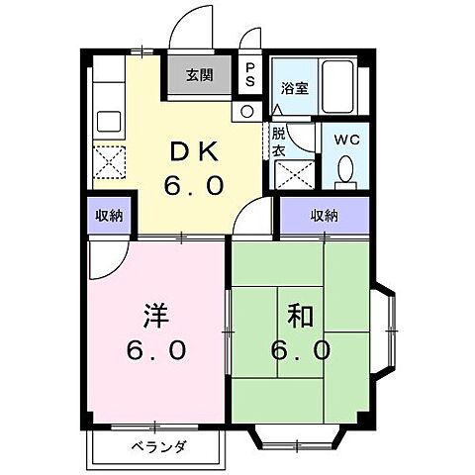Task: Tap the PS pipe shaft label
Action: [x=251, y=74]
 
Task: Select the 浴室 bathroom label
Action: [x=294, y=87]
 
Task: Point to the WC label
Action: [x=345, y=140]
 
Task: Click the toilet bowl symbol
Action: [x=345, y=171]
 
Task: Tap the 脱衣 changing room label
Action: [x=280, y=140]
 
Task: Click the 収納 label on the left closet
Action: [x=110, y=216]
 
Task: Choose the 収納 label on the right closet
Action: [x=323, y=216]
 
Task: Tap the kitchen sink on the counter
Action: [x=108, y=122]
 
